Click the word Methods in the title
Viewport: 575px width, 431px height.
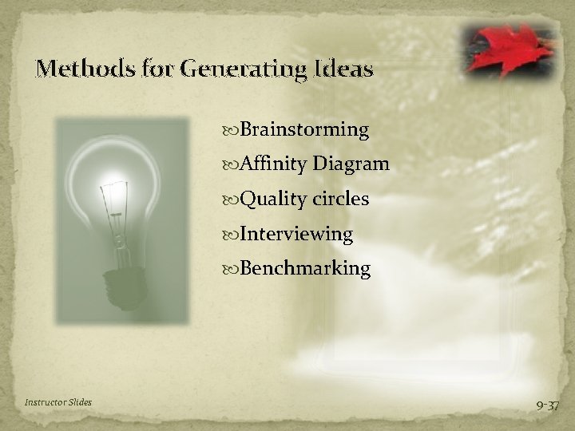click(77, 69)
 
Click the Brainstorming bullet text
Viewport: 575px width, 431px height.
click(304, 130)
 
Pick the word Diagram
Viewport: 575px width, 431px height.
click(351, 164)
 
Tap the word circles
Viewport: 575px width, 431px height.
click(340, 199)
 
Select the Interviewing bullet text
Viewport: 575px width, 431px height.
click(295, 234)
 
